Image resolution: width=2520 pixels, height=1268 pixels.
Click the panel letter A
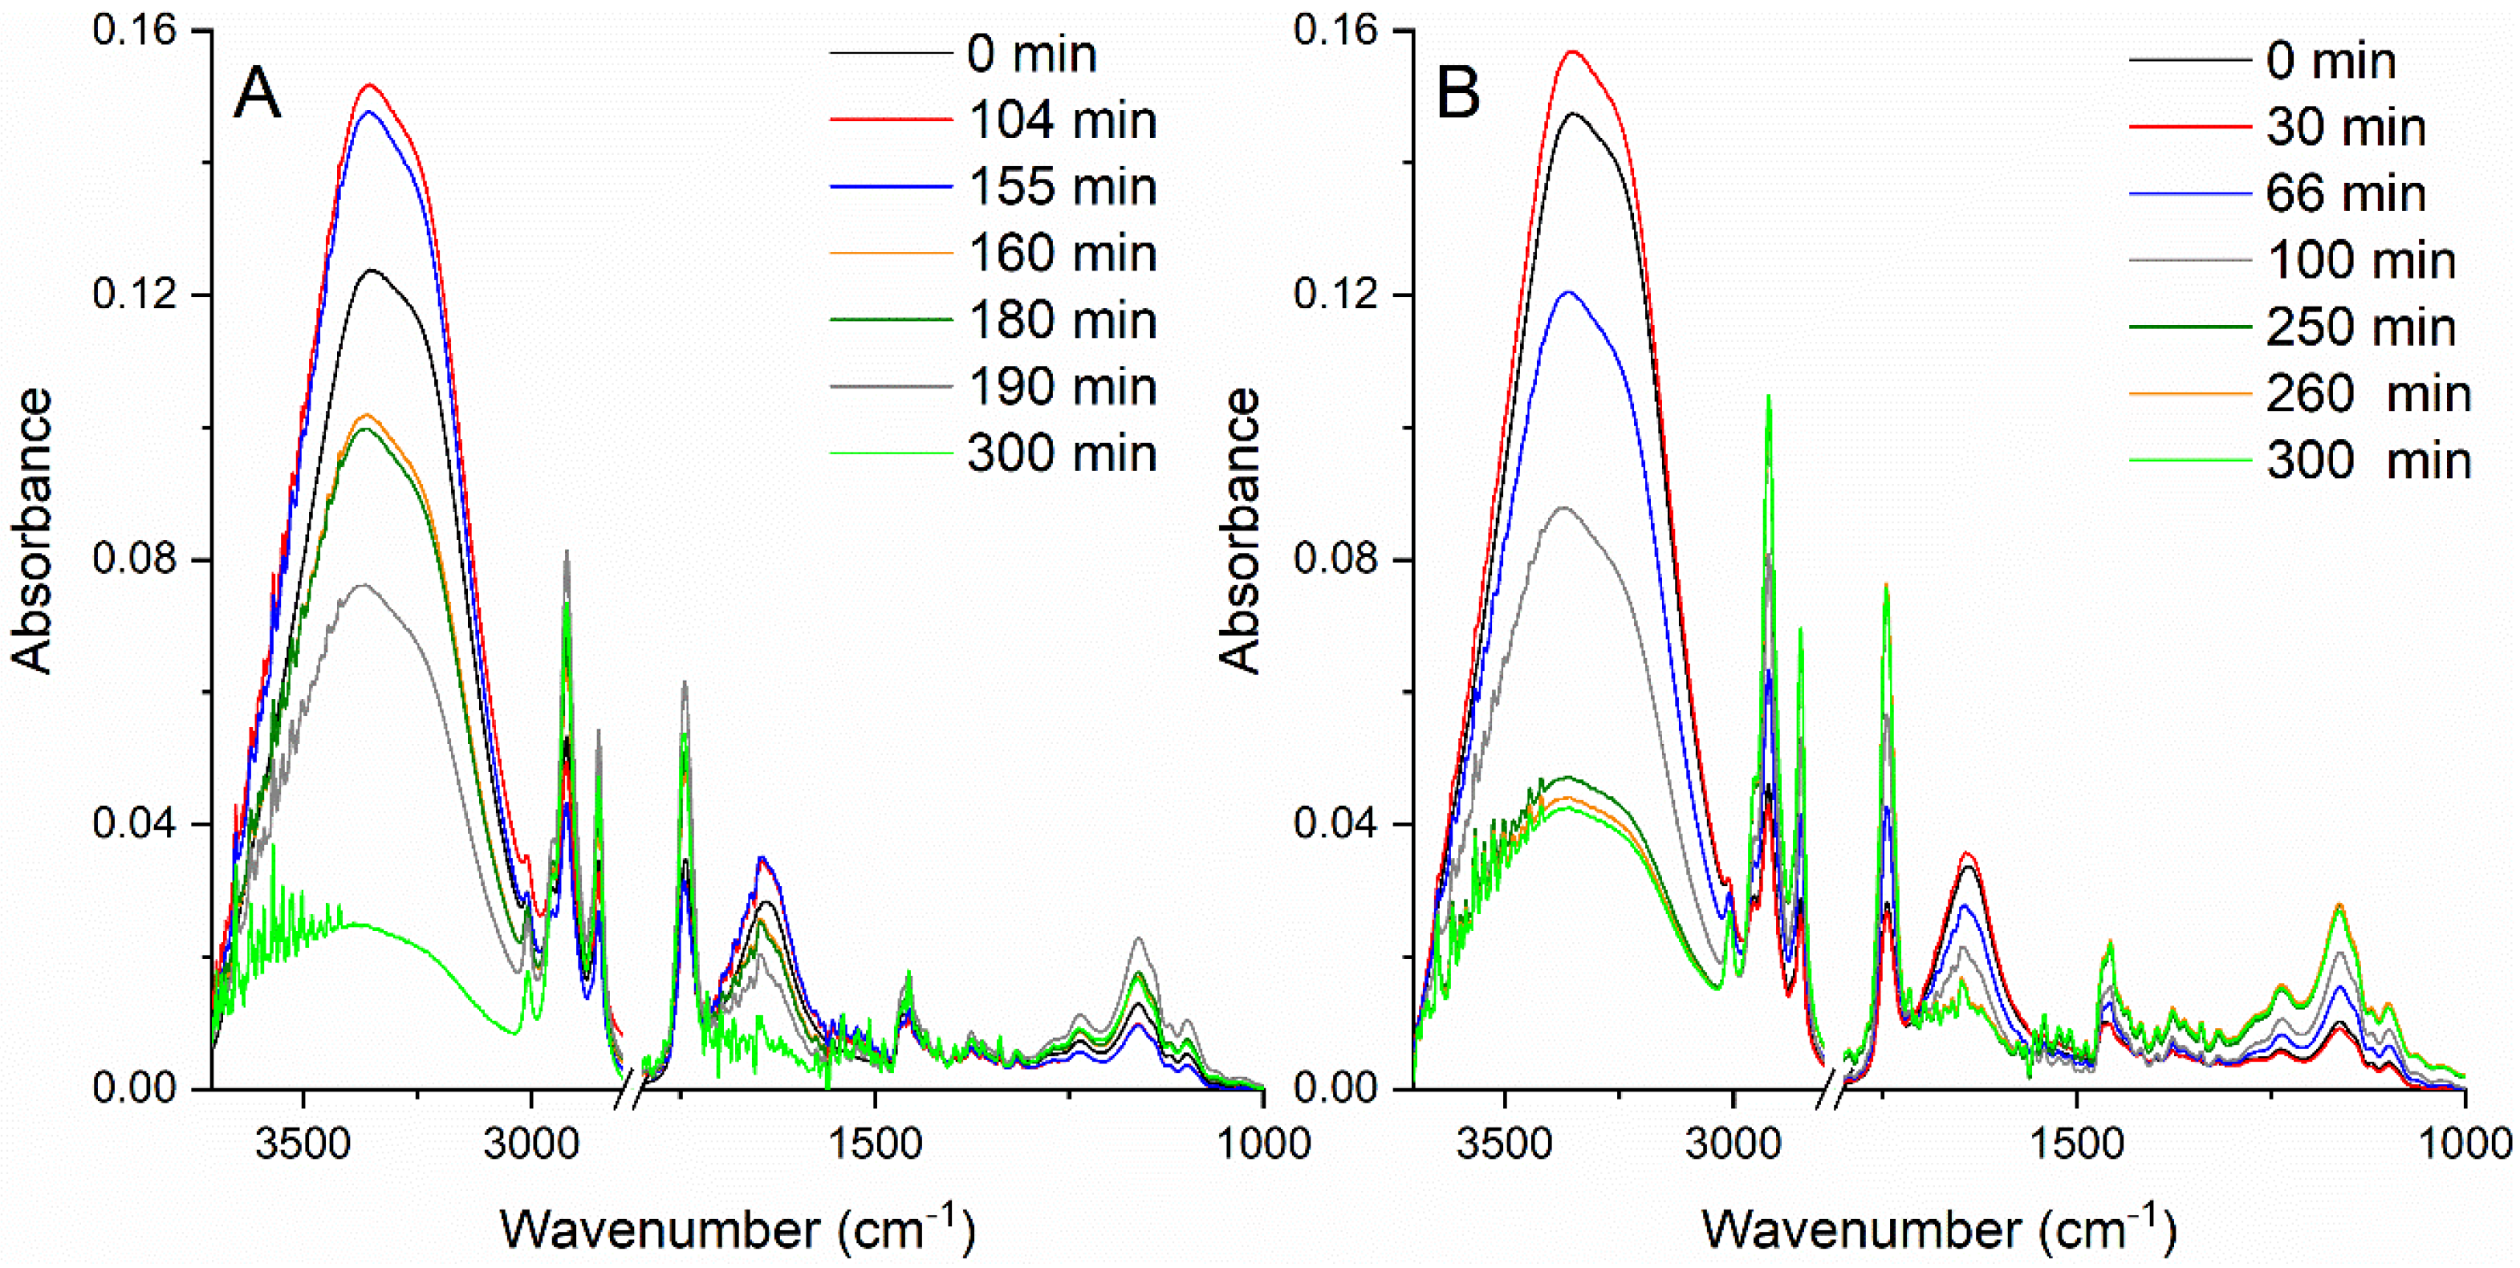[x=258, y=94]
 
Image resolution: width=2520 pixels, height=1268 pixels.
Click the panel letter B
[x=1457, y=94]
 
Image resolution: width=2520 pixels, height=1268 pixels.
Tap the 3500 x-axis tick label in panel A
[x=303, y=1142]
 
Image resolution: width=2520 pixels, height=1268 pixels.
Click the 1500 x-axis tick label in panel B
[x=2076, y=1142]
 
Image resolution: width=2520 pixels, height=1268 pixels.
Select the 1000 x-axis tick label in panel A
[x=1262, y=1142]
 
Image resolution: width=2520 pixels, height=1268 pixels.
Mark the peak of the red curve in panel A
[x=370, y=85]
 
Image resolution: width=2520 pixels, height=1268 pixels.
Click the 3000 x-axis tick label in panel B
[x=1733, y=1142]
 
